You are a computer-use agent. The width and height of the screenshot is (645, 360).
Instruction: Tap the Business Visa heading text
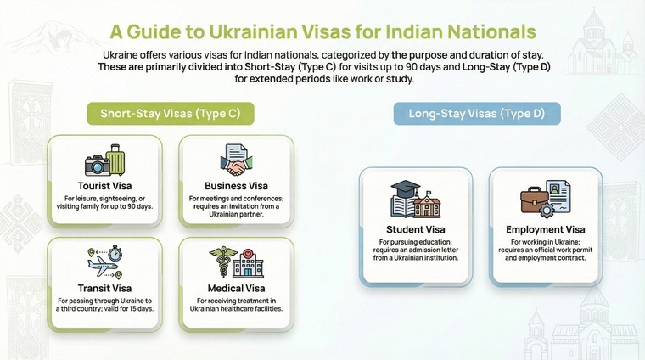coord(237,185)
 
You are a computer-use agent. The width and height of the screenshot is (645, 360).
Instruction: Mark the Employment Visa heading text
coord(546,229)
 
